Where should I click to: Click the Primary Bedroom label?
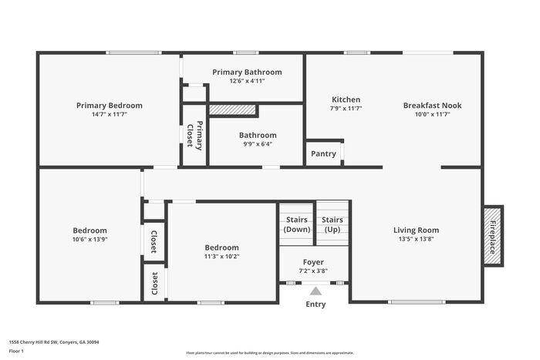coord(109,106)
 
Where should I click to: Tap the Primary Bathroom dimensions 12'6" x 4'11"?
coord(247,81)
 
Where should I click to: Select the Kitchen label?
coord(346,99)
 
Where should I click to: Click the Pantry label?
coord(323,153)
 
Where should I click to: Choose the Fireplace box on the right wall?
coord(493,234)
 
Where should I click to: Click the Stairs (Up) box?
coord(332,224)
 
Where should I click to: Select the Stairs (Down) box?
coord(296,224)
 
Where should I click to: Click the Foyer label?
coord(313,262)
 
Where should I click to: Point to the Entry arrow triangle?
coord(315,291)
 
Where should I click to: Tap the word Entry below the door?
coord(316,304)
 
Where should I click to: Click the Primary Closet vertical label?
coord(198,136)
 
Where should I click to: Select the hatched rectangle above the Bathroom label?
coord(232,110)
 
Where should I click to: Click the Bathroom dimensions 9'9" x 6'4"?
coord(257,143)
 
